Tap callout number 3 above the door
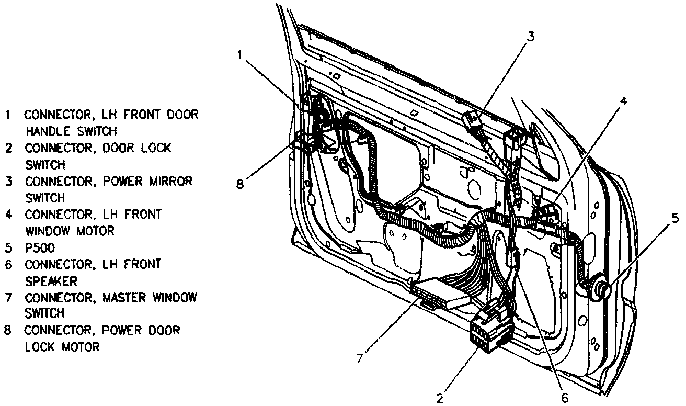[530, 37]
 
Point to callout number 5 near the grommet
[676, 219]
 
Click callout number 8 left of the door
[240, 184]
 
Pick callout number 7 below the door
[359, 358]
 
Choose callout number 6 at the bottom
[564, 398]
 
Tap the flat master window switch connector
[439, 292]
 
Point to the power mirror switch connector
[473, 121]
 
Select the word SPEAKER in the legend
[51, 281]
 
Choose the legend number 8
[8, 330]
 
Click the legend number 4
[8, 215]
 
